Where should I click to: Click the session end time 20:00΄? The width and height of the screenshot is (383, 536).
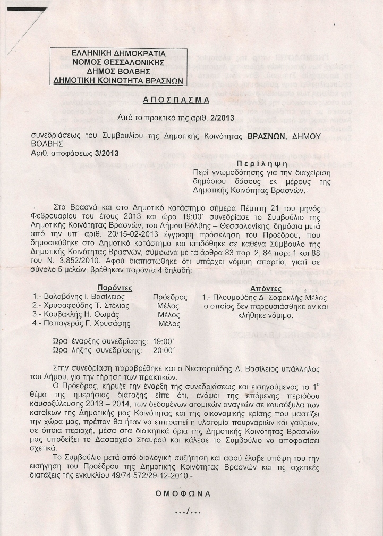164,350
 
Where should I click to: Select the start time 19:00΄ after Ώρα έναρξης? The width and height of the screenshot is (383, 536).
164,341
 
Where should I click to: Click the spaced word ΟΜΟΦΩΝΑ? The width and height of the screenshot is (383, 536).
183,493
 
